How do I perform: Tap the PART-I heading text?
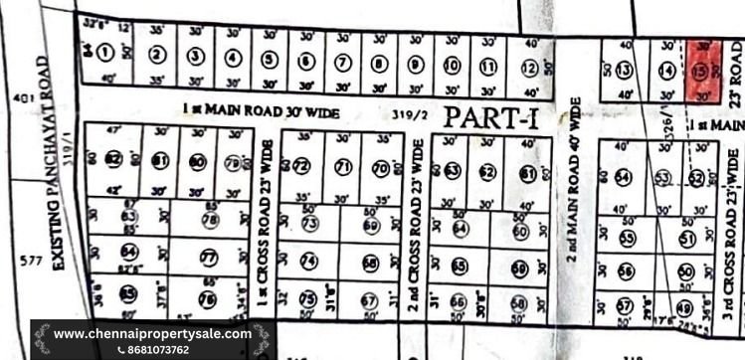point(491,117)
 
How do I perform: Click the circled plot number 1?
point(104,53)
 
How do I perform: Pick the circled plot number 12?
point(527,67)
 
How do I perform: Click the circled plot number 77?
point(208,257)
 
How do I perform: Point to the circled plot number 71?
point(342,166)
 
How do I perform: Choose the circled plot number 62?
point(487,173)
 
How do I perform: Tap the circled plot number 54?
point(623,177)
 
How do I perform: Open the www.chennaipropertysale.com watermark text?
point(149,333)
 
